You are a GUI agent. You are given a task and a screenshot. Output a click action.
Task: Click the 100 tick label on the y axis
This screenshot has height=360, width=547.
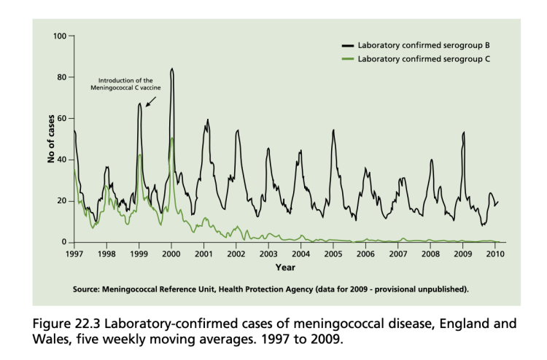pyautogui.click(x=59, y=36)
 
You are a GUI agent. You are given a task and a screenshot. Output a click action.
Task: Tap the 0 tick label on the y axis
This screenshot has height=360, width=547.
pyautogui.click(x=64, y=242)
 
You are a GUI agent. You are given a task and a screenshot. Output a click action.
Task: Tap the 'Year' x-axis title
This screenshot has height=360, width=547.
pyautogui.click(x=284, y=267)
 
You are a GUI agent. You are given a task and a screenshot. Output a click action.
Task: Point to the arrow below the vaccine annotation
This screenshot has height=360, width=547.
pyautogui.click(x=150, y=101)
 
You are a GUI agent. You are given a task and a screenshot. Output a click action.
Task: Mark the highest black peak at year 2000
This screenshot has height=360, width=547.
pyautogui.click(x=171, y=69)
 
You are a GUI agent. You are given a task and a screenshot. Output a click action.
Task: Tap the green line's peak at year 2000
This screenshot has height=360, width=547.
pyautogui.click(x=171, y=138)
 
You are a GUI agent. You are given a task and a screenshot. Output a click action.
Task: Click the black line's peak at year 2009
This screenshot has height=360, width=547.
pyautogui.click(x=463, y=133)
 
